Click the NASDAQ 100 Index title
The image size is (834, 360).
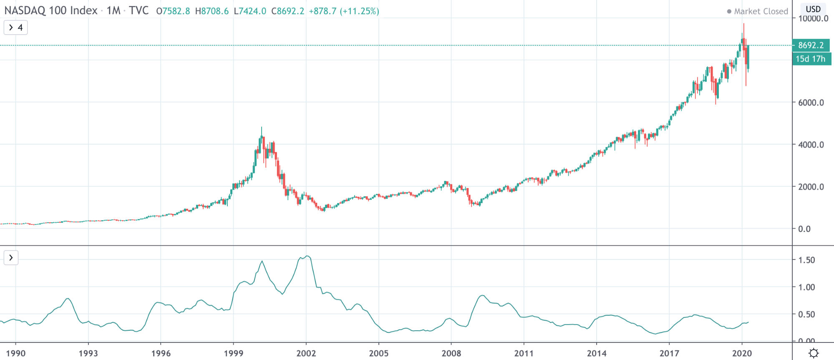[51, 10]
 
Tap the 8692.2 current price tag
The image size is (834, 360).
[811, 45]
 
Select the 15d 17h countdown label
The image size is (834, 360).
[811, 59]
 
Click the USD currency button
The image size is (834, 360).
[813, 9]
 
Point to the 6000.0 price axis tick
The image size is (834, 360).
[811, 103]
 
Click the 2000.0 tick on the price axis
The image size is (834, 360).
[811, 187]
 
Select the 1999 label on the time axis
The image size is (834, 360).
[233, 353]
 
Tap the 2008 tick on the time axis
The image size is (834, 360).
[451, 353]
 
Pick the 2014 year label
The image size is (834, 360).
[597, 353]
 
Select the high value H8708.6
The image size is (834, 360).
[212, 11]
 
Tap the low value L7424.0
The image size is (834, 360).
[250, 11]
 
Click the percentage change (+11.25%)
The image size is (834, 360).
[359, 11]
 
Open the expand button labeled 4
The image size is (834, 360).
[15, 28]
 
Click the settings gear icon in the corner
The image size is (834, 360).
[813, 353]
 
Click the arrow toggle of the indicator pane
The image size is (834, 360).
[11, 258]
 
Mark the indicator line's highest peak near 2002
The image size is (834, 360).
[307, 256]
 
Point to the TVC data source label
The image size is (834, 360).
[139, 10]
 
